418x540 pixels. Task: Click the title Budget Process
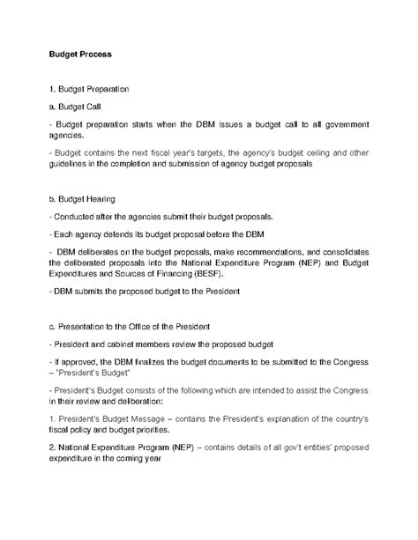coord(79,53)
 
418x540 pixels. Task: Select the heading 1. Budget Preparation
coord(90,90)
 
